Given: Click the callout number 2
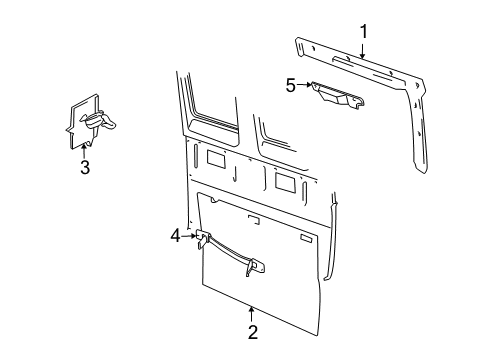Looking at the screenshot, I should (252, 331).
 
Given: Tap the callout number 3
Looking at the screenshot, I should (84, 167).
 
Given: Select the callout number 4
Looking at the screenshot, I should (176, 236).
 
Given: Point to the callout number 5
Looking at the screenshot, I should (291, 86).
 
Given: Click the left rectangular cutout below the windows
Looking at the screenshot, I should (215, 157).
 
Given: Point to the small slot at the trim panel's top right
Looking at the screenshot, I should (307, 241).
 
